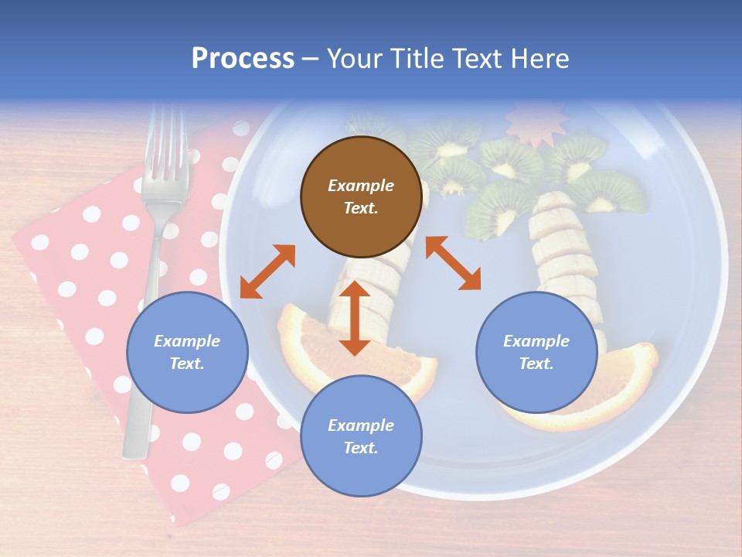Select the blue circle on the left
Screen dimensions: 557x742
click(x=187, y=352)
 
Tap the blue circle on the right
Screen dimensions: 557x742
click(x=536, y=352)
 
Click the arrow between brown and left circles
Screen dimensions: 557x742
click(x=267, y=271)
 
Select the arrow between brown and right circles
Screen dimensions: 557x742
click(x=453, y=263)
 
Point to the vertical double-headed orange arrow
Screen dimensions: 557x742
click(x=355, y=318)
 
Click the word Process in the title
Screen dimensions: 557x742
click(x=243, y=58)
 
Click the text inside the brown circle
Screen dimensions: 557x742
click(x=360, y=196)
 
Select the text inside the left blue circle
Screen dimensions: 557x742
click(x=187, y=352)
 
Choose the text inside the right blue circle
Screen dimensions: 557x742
click(x=536, y=352)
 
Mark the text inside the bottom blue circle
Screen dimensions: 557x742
click(x=360, y=436)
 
